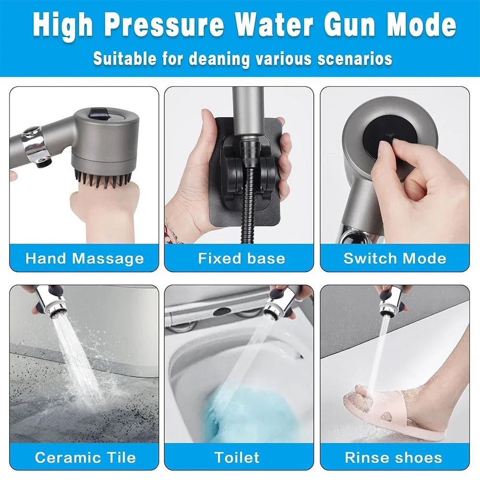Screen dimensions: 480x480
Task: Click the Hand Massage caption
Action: (x=84, y=258)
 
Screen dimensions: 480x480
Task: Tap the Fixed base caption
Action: (x=241, y=258)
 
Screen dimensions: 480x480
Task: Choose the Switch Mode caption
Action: (x=395, y=258)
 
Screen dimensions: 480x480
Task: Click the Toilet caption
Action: (x=237, y=456)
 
